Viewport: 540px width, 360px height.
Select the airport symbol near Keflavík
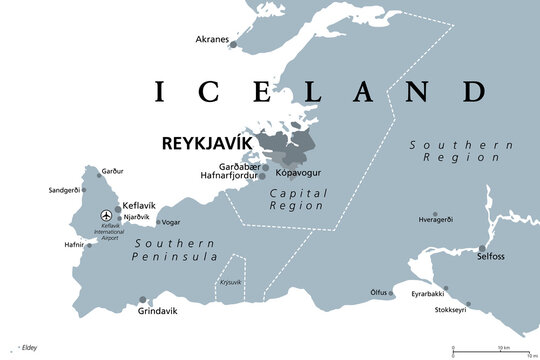(106, 215)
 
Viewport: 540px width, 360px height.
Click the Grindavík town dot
(144, 298)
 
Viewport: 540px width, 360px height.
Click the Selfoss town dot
(482, 248)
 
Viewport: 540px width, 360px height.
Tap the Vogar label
(171, 222)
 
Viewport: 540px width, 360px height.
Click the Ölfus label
(379, 293)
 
